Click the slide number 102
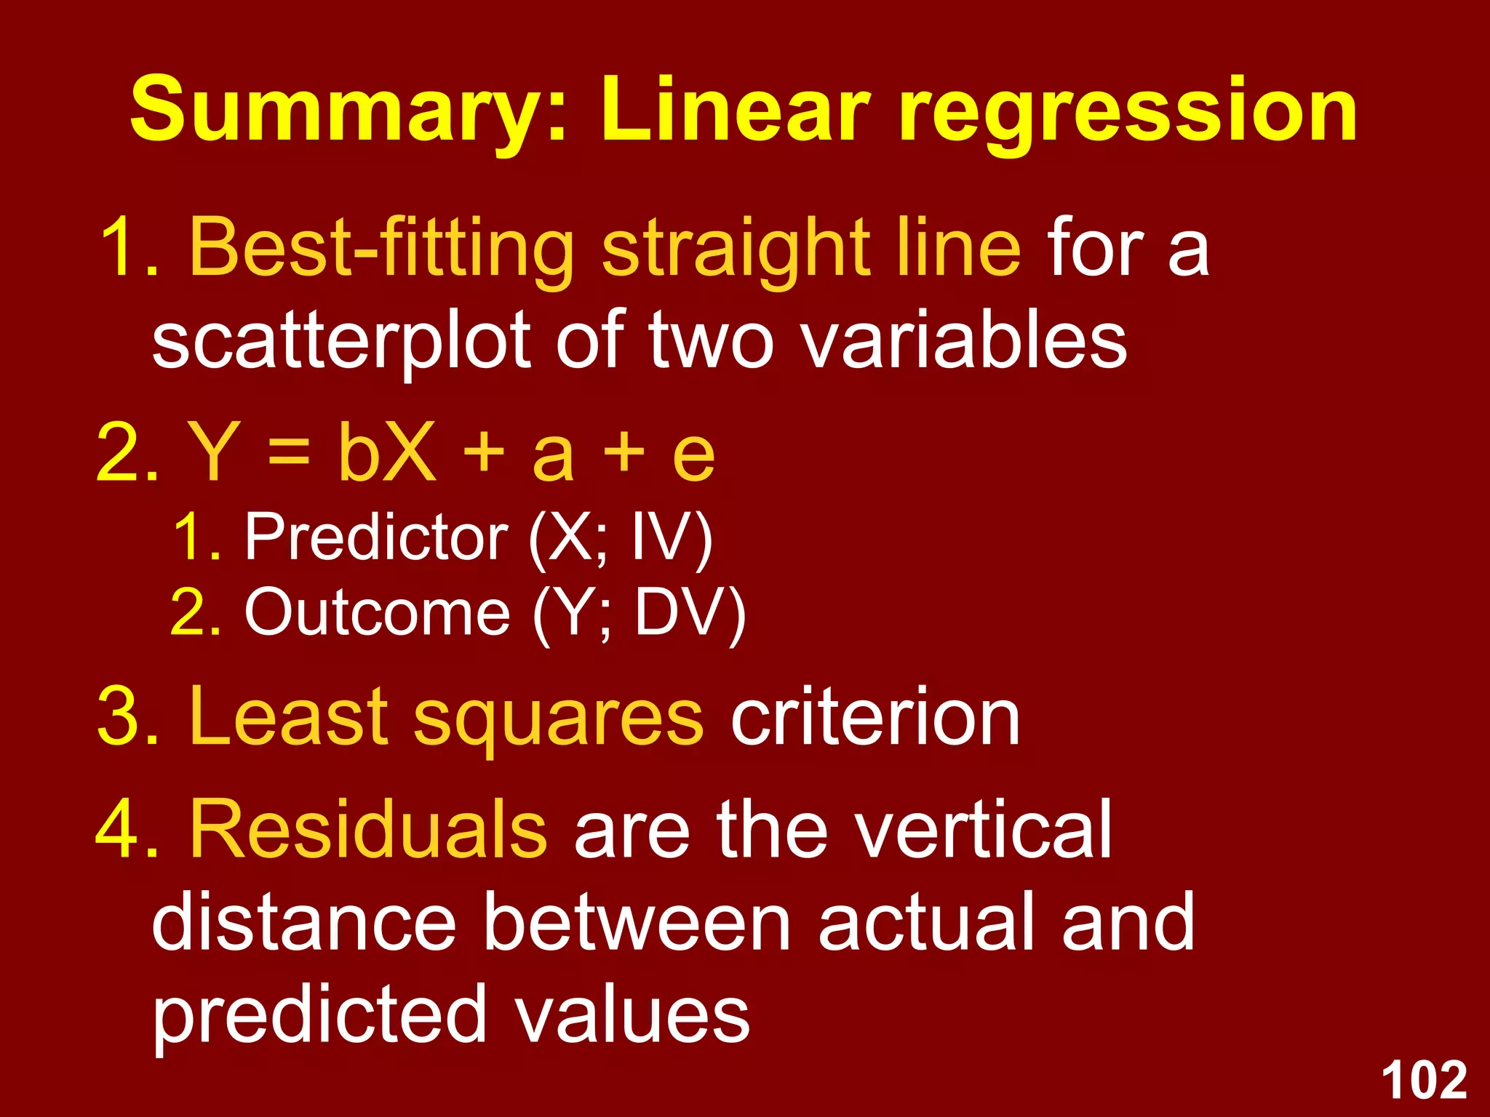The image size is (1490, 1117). (1424, 1081)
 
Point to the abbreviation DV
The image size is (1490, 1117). (680, 612)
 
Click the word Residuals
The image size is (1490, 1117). (368, 829)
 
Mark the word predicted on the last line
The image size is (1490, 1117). (319, 1015)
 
